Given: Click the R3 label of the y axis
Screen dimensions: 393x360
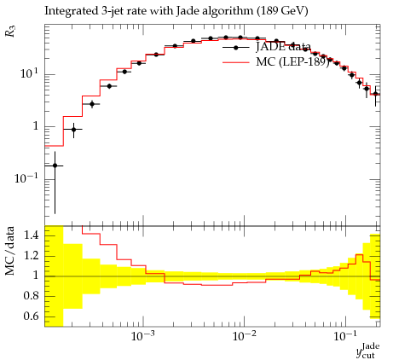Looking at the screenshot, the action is click(x=10, y=32).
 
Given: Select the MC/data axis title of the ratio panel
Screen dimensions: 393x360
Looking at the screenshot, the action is click(x=9, y=251).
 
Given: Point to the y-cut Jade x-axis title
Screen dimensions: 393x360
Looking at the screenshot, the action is click(x=368, y=351).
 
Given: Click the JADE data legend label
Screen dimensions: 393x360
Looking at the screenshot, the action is click(x=283, y=47).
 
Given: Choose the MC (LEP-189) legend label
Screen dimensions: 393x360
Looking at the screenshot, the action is click(x=292, y=61).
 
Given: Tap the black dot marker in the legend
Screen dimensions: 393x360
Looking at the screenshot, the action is click(x=235, y=48).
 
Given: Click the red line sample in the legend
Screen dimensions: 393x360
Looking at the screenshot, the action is click(x=236, y=62).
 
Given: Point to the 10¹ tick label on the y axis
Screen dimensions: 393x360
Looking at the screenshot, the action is click(x=29, y=73).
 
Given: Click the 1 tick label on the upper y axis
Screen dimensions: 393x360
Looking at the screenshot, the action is click(x=36, y=126).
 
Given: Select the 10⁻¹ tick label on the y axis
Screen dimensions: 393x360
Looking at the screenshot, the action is click(x=26, y=178).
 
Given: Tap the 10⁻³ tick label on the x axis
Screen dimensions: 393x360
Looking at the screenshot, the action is click(x=142, y=336).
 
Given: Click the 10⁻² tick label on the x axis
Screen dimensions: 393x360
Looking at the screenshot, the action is click(x=244, y=336).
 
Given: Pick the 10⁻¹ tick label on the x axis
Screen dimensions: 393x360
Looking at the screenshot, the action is click(x=345, y=336).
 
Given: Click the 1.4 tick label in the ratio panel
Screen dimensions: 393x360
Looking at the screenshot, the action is click(x=31, y=235).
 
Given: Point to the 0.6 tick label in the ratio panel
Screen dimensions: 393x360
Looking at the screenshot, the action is click(x=31, y=316).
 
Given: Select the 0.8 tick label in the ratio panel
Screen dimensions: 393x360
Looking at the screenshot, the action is click(x=31, y=296).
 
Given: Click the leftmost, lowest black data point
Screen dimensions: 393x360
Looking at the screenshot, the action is click(x=55, y=165).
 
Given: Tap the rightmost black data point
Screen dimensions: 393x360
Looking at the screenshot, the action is click(x=375, y=94).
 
